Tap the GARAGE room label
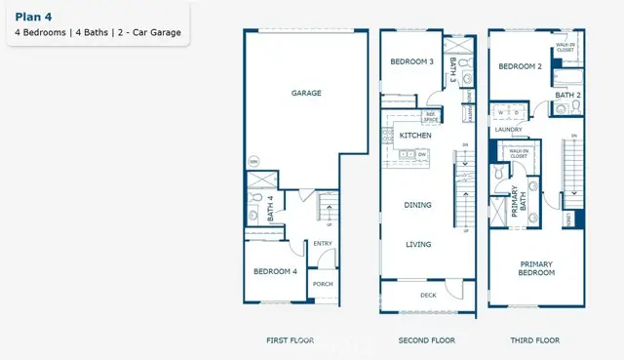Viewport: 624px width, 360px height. (x=306, y=94)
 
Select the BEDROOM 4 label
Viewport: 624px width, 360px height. (x=276, y=271)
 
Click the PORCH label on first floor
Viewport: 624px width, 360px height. (x=322, y=284)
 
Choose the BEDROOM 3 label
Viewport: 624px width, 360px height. (x=411, y=61)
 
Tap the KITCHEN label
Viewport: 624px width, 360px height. (x=416, y=136)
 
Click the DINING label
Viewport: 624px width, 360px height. (x=418, y=204)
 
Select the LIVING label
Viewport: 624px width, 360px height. (x=418, y=244)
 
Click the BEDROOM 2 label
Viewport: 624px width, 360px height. (x=519, y=67)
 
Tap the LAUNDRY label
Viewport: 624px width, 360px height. (x=508, y=129)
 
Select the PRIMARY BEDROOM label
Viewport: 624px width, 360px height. (x=536, y=268)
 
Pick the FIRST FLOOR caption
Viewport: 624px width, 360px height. (x=291, y=340)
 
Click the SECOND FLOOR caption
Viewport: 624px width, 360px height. (x=426, y=340)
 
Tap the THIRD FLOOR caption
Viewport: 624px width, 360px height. (x=536, y=340)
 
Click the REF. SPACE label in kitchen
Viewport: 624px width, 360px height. (x=430, y=117)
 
